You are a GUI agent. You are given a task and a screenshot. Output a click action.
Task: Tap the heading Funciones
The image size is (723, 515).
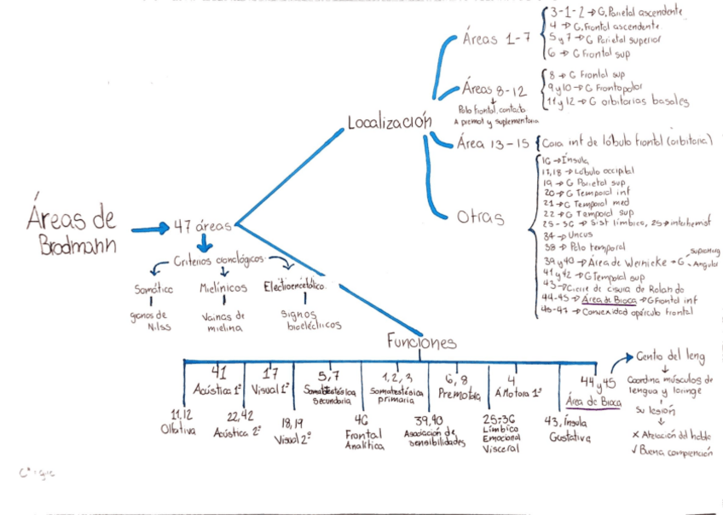(421, 341)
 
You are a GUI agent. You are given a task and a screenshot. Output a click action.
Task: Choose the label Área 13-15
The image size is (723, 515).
(494, 142)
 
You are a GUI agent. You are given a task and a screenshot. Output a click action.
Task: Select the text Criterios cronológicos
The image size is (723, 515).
(219, 259)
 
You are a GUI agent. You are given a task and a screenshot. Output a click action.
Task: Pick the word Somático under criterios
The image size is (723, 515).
(154, 290)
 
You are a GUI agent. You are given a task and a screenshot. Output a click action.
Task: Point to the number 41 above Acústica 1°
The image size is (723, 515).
(219, 373)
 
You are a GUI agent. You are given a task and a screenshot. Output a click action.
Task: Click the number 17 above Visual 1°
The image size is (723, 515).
(271, 373)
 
